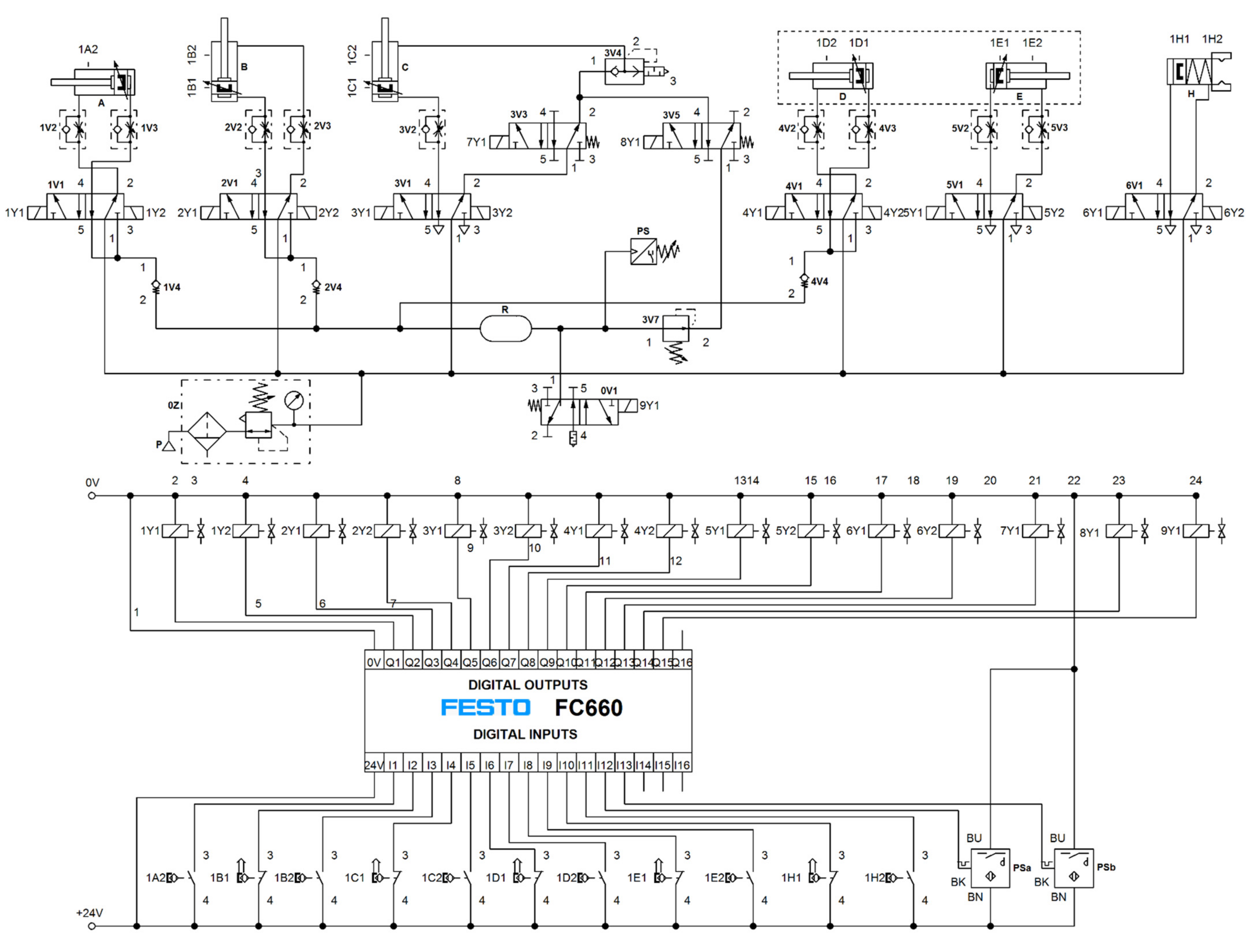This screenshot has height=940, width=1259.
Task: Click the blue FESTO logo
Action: point(485,707)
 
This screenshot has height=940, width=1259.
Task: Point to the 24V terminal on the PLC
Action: point(374,765)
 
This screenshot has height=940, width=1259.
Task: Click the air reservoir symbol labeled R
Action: point(505,329)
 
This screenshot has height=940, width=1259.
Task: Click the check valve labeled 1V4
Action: point(156,286)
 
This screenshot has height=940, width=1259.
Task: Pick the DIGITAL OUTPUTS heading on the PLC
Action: point(528,685)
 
